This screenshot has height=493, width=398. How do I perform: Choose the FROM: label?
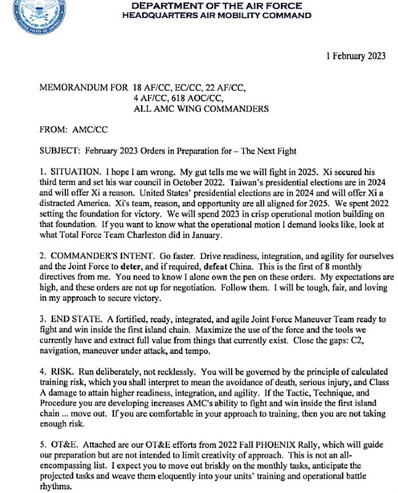tap(54, 130)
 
